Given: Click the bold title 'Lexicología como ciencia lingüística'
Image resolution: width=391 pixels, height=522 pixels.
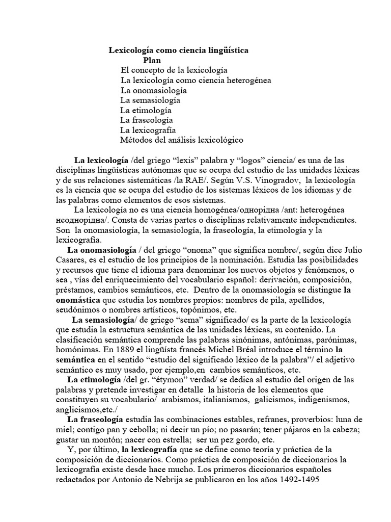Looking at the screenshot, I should [x=179, y=50].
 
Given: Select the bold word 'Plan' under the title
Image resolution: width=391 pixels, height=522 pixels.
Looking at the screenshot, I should [x=151, y=60].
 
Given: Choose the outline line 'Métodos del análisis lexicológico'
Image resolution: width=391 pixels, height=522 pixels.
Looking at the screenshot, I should [x=182, y=139].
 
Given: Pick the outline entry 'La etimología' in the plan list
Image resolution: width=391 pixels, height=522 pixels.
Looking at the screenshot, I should [x=146, y=110].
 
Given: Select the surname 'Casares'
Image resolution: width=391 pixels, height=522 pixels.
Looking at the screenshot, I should [x=69, y=260].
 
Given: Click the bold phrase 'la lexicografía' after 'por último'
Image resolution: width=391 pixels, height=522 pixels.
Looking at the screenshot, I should [x=149, y=449].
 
